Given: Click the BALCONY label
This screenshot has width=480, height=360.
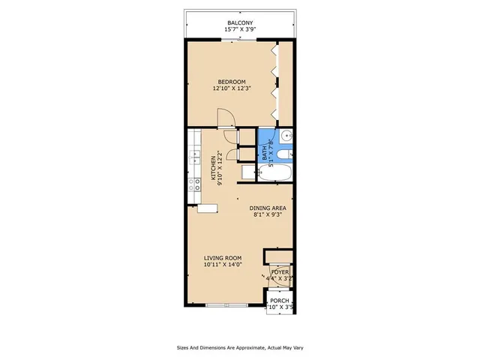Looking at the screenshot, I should point(240,23).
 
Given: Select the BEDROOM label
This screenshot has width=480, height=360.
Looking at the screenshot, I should point(232,82).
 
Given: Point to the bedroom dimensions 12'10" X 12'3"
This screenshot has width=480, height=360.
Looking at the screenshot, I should point(232,89).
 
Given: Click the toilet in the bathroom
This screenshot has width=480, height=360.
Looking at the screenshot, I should point(283,155).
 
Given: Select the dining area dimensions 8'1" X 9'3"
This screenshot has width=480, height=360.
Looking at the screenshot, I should point(268,215).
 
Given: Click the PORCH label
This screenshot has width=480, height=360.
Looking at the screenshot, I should point(280,300).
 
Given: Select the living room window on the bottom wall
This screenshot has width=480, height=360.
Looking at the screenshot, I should point(226,305).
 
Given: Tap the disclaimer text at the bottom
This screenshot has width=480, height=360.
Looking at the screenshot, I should point(240,348).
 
